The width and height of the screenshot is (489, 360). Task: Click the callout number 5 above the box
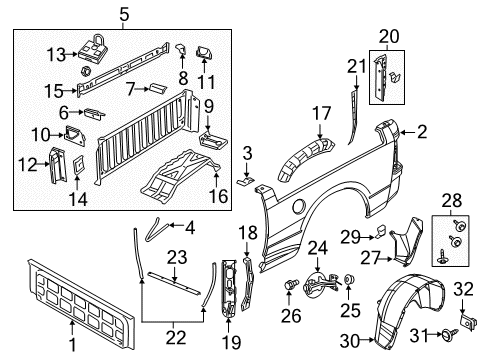click(124, 14)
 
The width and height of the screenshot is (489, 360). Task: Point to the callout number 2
click(422, 130)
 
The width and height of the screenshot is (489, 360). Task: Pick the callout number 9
click(210, 105)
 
